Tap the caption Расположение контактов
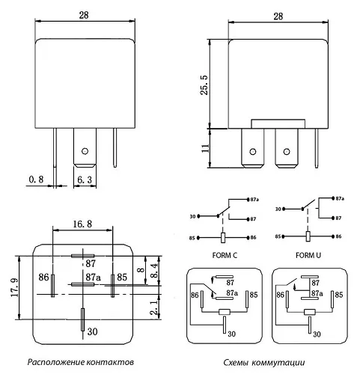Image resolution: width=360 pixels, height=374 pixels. point(81,364)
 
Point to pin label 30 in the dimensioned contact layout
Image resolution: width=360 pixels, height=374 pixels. point(92,331)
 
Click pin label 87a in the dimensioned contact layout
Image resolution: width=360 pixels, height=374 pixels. point(94,278)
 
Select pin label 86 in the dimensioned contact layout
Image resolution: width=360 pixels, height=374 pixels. point(43,278)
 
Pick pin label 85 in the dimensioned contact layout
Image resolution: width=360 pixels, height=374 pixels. point(122,278)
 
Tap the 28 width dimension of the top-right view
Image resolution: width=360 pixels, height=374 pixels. point(278,15)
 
